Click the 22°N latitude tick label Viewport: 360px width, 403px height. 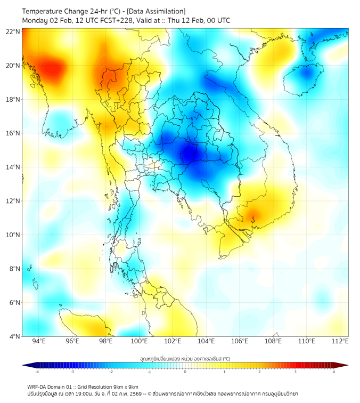pos(13,31)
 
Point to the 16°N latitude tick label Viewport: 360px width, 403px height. pos(13,133)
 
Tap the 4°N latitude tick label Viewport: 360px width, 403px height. pos(15,336)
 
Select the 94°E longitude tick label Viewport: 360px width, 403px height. pos(38,341)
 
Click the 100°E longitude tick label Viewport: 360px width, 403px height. pos(139,341)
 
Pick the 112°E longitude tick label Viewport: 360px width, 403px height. pos(340,341)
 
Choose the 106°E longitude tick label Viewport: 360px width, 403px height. pos(240,341)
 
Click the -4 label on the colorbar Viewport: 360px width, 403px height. pos(37,372)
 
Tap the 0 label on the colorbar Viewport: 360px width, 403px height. pos(185,372)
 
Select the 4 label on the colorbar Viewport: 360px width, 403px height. pos(334,372)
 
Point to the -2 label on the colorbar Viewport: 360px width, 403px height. pos(111,372)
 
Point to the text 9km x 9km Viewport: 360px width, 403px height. pos(126,386)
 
